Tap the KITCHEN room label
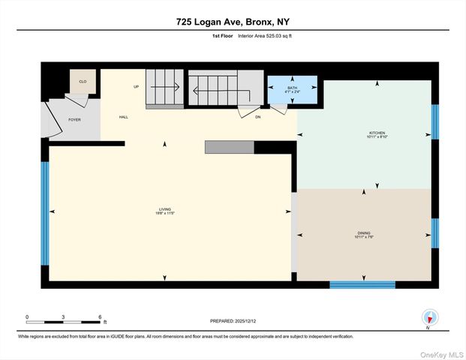click(x=365, y=133)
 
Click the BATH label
click(x=292, y=89)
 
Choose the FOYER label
click(x=74, y=120)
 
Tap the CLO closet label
click(x=83, y=81)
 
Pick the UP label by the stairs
click(x=136, y=87)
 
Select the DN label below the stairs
click(x=257, y=117)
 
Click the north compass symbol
click(x=428, y=316)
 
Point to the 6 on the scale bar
click(x=100, y=316)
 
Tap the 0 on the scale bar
click(x=27, y=316)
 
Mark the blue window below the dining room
click(x=362, y=285)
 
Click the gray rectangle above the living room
click(x=229, y=147)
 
